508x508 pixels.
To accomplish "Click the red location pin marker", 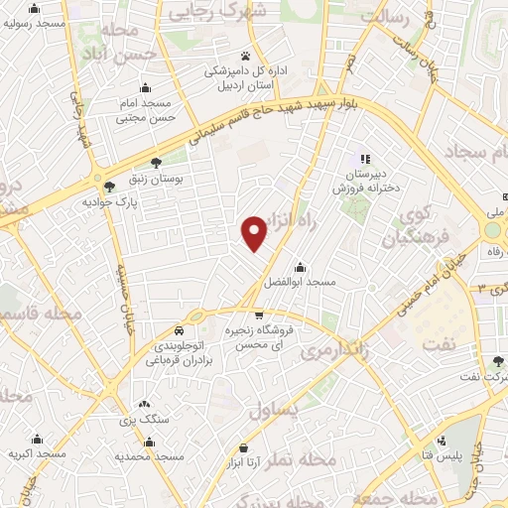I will click(255, 232).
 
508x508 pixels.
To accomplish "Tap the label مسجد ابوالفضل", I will click(300, 283).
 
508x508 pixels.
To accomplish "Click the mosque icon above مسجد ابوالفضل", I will click(300, 268).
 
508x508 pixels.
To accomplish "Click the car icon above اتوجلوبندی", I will click(178, 328).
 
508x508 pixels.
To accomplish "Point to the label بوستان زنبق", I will click(157, 180).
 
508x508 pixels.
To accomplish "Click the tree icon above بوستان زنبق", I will click(156, 164).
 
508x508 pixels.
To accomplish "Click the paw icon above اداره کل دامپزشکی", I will click(245, 56).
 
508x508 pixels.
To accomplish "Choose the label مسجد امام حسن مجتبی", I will click(146, 110).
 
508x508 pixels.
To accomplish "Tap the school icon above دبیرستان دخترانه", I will click(364, 159).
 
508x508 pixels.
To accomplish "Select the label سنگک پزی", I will click(145, 420).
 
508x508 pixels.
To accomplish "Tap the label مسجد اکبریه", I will click(37, 453).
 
